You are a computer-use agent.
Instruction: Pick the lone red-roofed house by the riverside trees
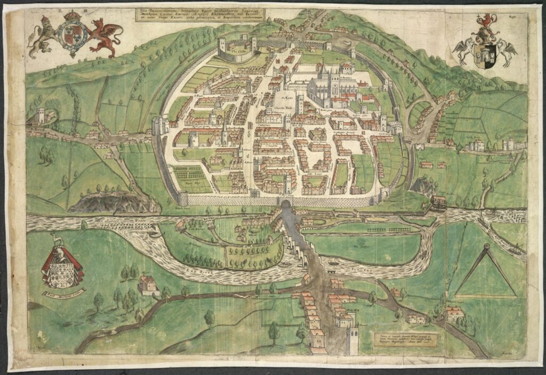(149, 285)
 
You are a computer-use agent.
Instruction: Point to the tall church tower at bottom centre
(352, 341)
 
